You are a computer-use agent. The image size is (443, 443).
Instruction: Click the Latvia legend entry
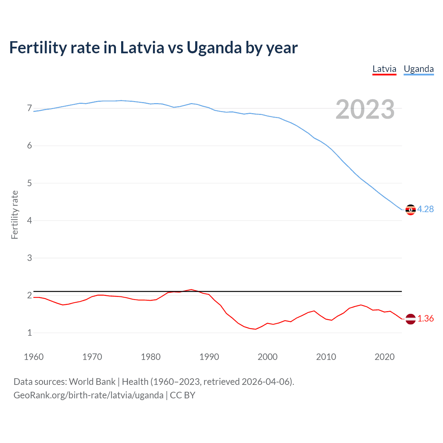pyautogui.click(x=384, y=69)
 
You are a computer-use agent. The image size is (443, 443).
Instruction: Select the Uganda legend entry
pyautogui.click(x=419, y=69)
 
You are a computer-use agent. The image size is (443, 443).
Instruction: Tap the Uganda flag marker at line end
pyautogui.click(x=410, y=210)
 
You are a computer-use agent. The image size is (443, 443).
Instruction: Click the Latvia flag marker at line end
pyautogui.click(x=410, y=319)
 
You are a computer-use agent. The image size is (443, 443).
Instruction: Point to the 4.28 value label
pyautogui.click(x=425, y=209)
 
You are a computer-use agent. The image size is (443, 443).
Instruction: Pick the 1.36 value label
pyautogui.click(x=425, y=318)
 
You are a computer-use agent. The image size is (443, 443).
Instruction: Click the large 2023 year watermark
pyautogui.click(x=365, y=109)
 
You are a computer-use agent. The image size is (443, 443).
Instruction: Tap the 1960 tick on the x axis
pyautogui.click(x=34, y=357)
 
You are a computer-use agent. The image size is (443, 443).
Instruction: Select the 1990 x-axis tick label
pyautogui.click(x=209, y=357)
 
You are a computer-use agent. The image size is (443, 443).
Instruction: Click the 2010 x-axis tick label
pyautogui.click(x=326, y=357)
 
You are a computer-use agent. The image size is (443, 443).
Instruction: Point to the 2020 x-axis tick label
pyautogui.click(x=385, y=357)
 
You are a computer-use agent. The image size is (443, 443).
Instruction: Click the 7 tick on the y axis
pyautogui.click(x=29, y=108)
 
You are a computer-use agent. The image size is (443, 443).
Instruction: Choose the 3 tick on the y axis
pyautogui.click(x=29, y=258)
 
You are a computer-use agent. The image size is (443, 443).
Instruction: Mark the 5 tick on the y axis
pyautogui.click(x=29, y=183)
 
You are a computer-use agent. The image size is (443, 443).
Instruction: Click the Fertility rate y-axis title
pyautogui.click(x=15, y=215)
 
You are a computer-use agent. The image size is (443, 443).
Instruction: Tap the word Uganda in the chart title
pyautogui.click(x=214, y=48)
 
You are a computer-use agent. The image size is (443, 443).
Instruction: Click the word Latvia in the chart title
pyautogui.click(x=142, y=48)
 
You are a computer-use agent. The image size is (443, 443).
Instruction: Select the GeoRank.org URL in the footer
pyautogui.click(x=88, y=395)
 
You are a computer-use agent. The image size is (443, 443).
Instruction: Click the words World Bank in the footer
pyautogui.click(x=92, y=382)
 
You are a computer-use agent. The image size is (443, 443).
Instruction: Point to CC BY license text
pyautogui.click(x=182, y=395)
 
